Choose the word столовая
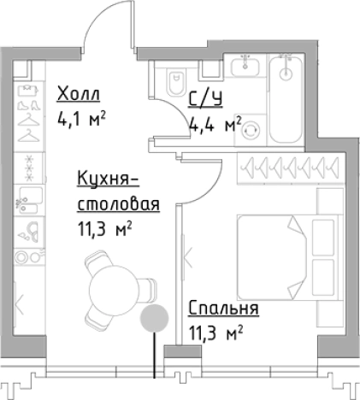118,205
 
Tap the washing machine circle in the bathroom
251,130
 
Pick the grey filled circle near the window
154,319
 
